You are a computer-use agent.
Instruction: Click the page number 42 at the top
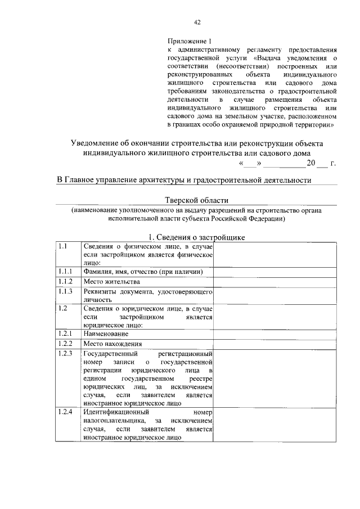point(197,22)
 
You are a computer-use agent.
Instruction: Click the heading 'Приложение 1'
point(189,42)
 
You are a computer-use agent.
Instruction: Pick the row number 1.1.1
point(66,272)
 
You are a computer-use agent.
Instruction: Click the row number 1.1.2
point(66,281)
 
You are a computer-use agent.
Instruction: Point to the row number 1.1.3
point(66,291)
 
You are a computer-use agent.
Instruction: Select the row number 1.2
point(62,308)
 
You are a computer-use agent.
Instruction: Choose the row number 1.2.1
point(66,334)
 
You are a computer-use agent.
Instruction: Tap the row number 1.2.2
point(66,343)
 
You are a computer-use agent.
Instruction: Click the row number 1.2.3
point(66,353)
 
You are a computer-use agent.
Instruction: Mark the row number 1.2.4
point(66,412)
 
